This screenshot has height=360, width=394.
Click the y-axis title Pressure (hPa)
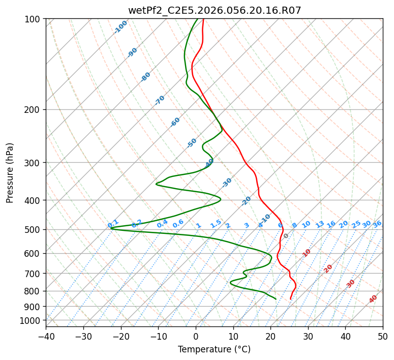pyautogui.click(x=10, y=173)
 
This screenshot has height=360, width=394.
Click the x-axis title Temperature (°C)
pyautogui.click(x=214, y=349)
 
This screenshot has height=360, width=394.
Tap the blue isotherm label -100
pyautogui.click(x=120, y=27)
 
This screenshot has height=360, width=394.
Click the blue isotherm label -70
pyautogui.click(x=160, y=100)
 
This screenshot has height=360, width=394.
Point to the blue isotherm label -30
pyautogui.click(x=227, y=183)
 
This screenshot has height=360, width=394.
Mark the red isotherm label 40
pyautogui.click(x=373, y=299)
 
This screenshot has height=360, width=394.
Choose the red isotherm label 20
pyautogui.click(x=328, y=268)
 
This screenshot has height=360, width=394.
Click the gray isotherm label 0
pyautogui.click(x=286, y=236)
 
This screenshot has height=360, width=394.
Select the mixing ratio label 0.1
pyautogui.click(x=113, y=224)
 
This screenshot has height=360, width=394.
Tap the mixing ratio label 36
pyautogui.click(x=377, y=224)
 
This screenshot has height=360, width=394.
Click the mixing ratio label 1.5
pyautogui.click(x=216, y=224)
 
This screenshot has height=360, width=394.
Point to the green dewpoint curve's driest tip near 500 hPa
pyautogui.click(x=111, y=228)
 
